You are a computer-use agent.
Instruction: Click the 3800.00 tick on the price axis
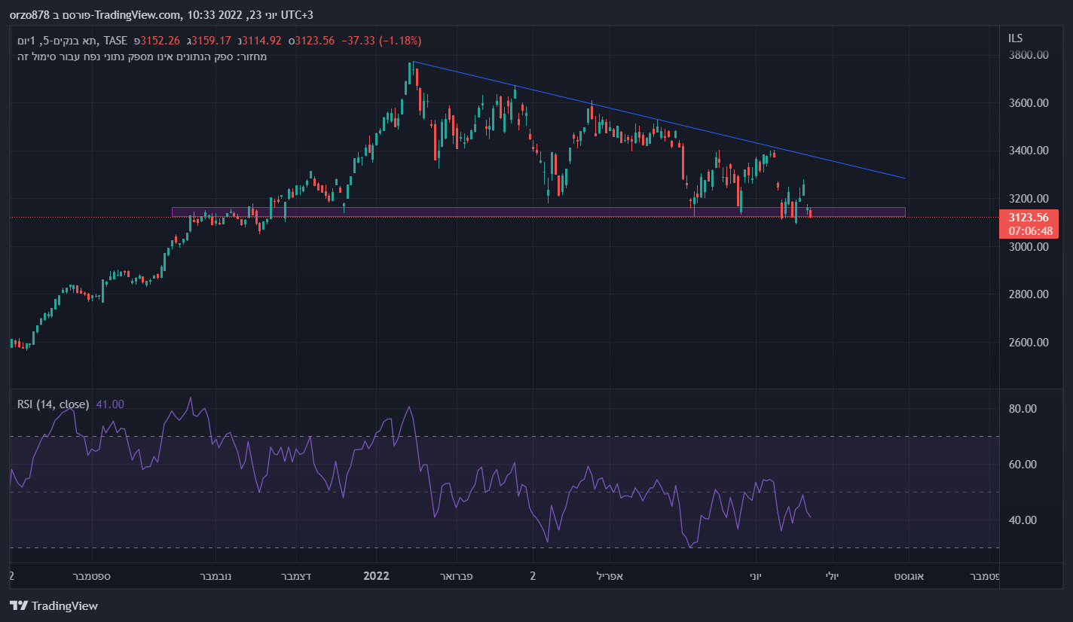pyautogui.click(x=1029, y=55)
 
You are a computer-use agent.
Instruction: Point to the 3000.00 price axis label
pyautogui.click(x=1029, y=246)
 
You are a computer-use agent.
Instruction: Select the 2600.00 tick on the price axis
pyautogui.click(x=1029, y=342)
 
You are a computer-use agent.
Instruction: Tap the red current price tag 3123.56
pyautogui.click(x=1028, y=218)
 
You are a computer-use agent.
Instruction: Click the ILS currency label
pyautogui.click(x=1015, y=38)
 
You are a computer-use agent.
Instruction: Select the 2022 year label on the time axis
pyautogui.click(x=376, y=576)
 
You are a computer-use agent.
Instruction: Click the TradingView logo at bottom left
pyautogui.click(x=53, y=605)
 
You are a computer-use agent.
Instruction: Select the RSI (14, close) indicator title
pyautogui.click(x=53, y=404)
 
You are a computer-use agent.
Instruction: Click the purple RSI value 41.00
pyautogui.click(x=110, y=404)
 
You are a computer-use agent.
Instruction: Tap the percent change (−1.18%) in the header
pyautogui.click(x=400, y=40)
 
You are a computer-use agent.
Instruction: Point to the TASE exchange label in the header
pyautogui.click(x=115, y=40)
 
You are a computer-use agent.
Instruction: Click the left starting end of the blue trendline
pyautogui.click(x=414, y=62)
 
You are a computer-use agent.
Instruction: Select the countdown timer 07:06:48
pyautogui.click(x=1028, y=230)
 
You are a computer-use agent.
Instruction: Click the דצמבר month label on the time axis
pyautogui.click(x=297, y=576)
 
